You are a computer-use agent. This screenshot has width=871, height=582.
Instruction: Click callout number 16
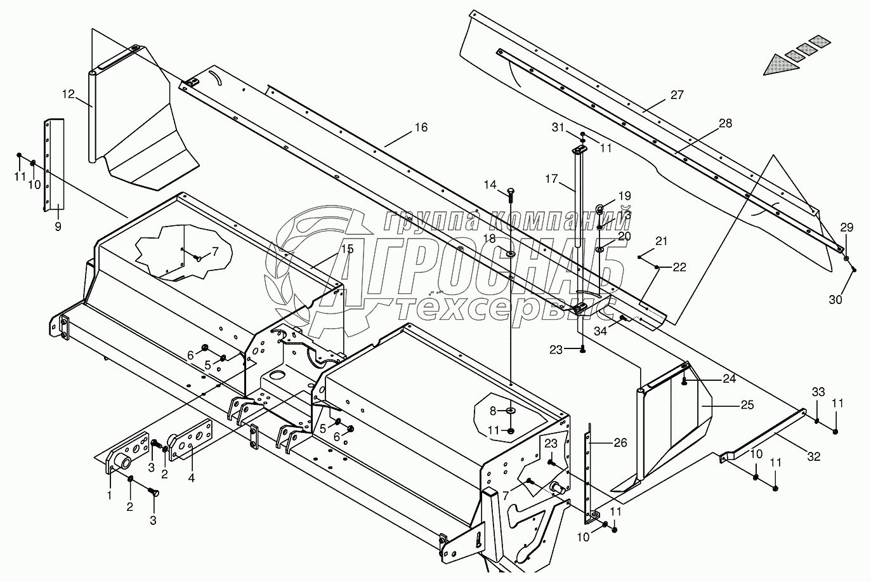(421, 128)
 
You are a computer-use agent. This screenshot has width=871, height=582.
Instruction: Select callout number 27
(677, 95)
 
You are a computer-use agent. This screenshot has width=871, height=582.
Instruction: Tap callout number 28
(725, 123)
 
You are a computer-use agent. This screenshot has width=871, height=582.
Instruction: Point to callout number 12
(69, 95)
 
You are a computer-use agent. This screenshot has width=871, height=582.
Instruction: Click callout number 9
(58, 226)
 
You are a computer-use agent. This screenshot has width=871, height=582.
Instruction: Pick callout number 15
(347, 249)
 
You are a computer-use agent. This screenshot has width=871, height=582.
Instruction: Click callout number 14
(490, 185)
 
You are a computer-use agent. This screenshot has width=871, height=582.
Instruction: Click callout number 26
(620, 442)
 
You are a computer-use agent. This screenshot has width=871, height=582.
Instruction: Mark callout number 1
(109, 494)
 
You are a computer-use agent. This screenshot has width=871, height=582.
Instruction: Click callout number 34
(600, 330)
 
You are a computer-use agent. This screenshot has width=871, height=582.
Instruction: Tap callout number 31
(557, 128)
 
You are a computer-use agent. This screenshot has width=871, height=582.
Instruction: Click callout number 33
(818, 392)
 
